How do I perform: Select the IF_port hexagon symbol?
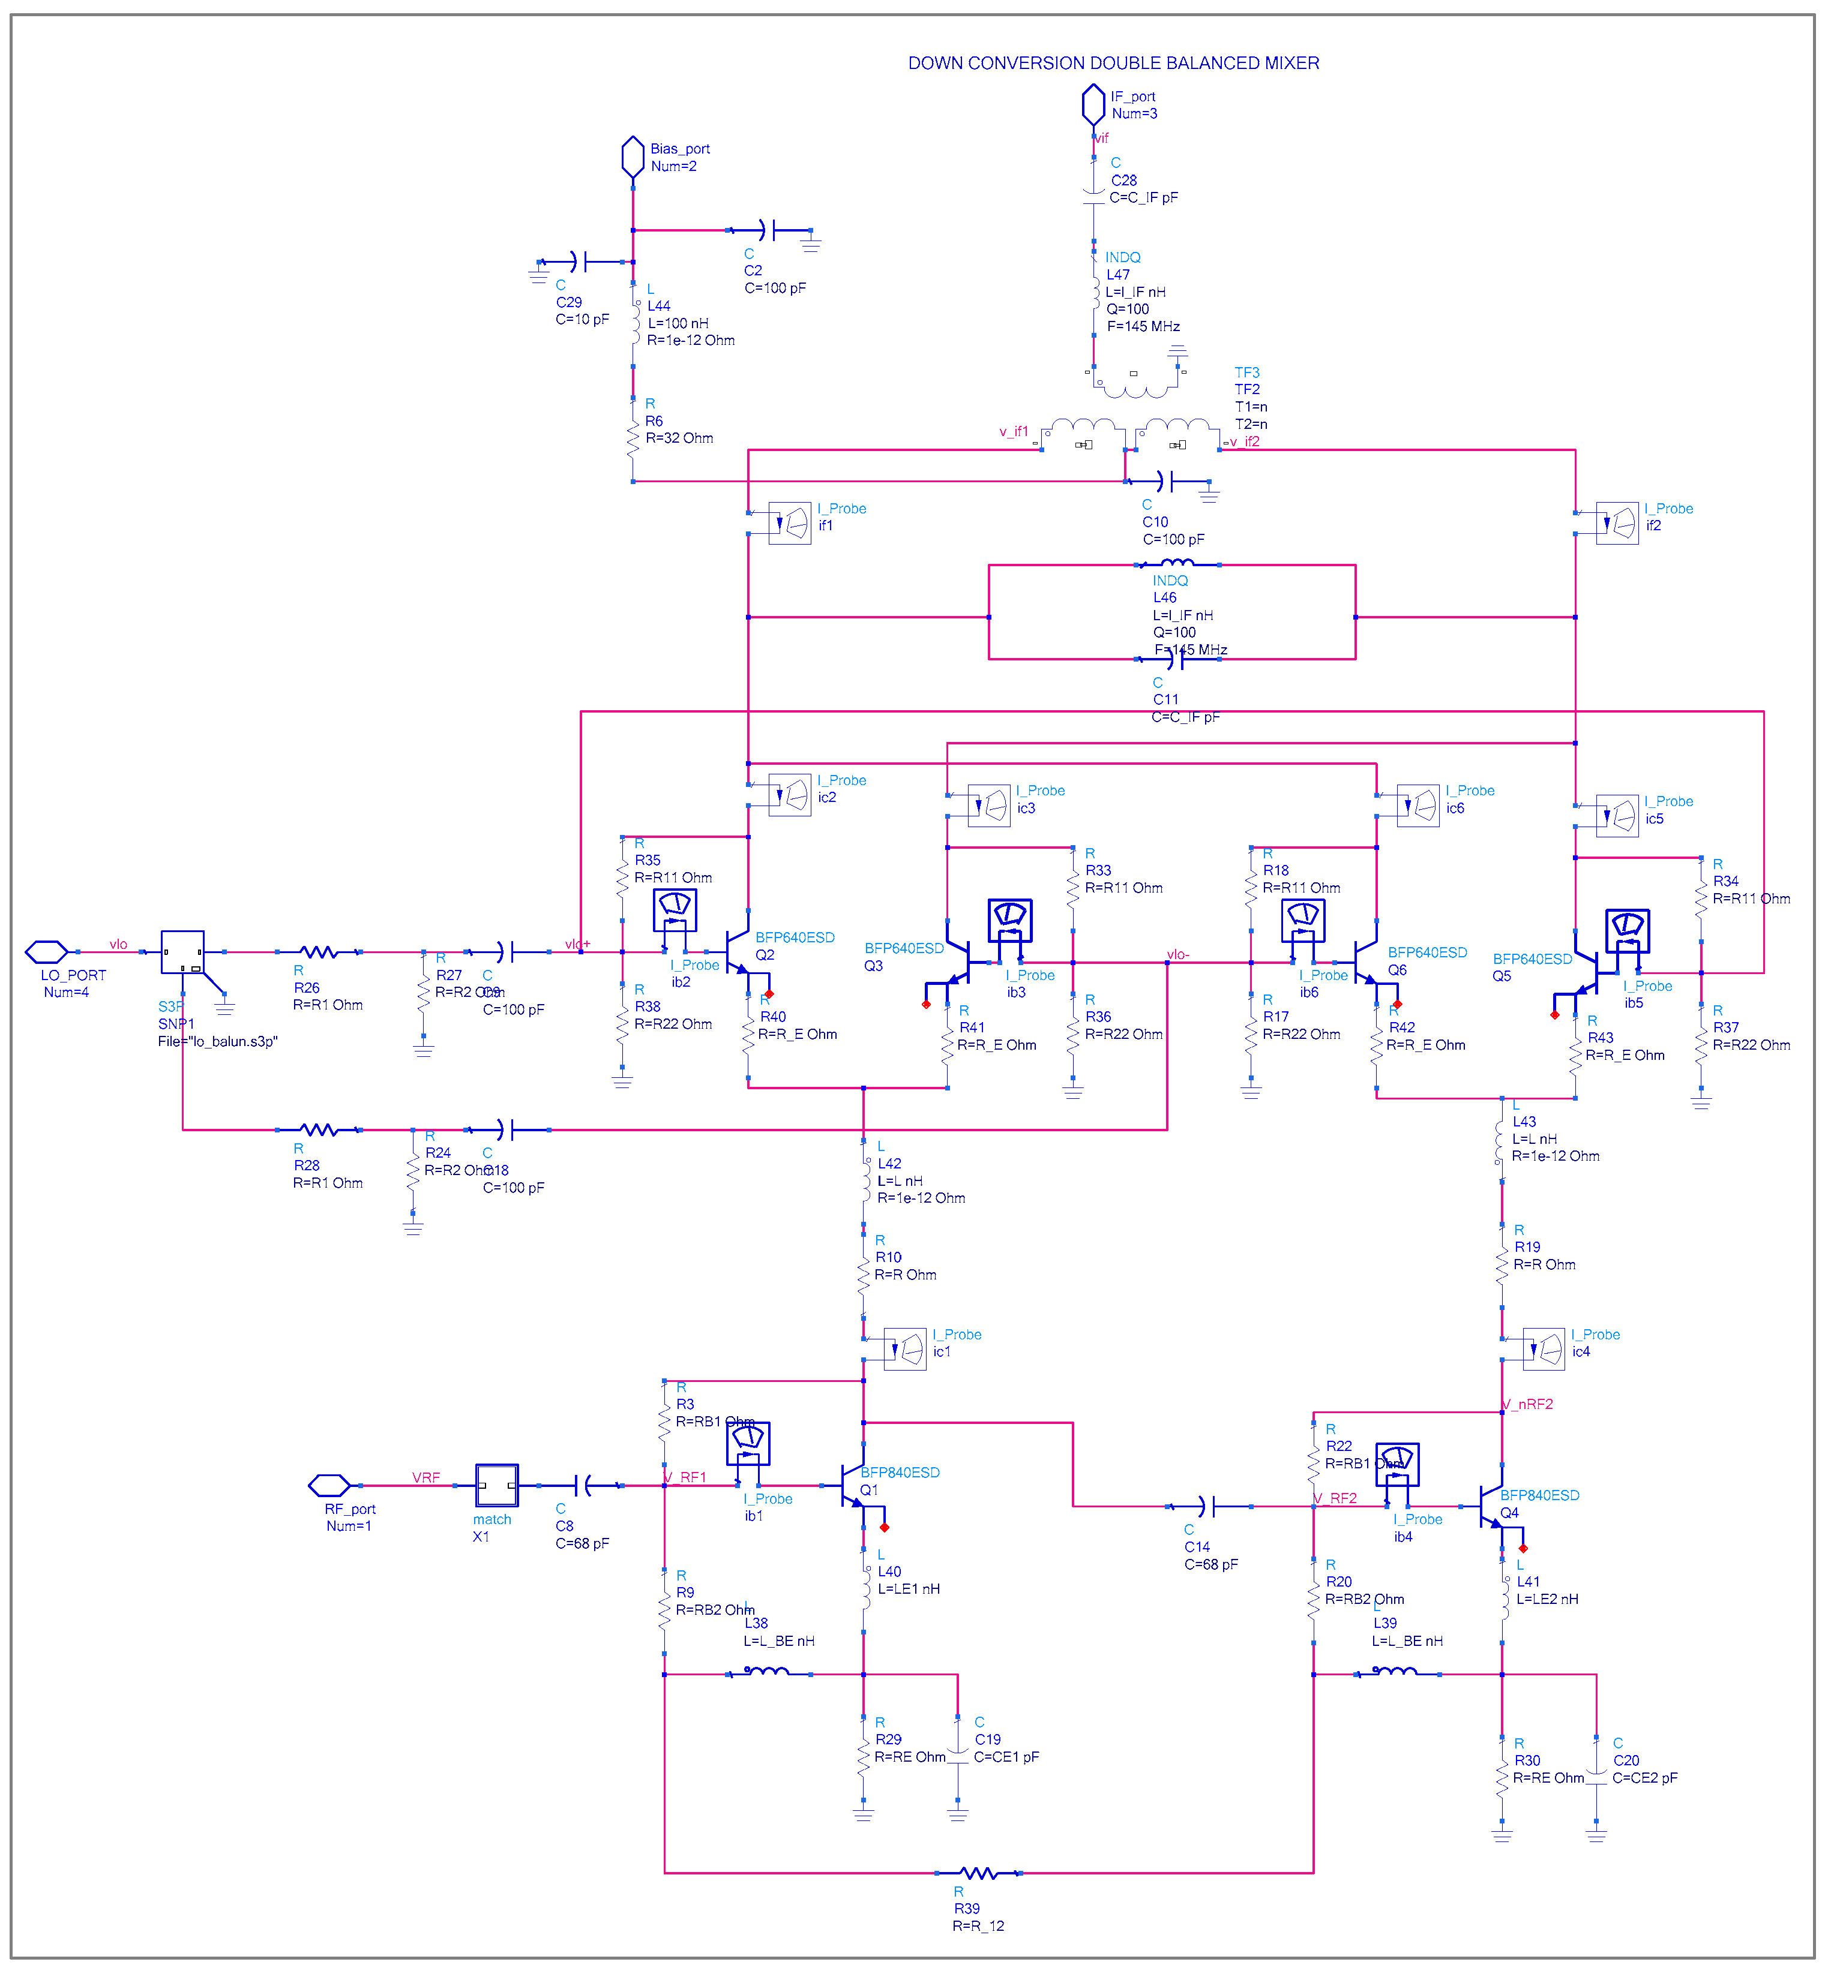coord(1093,104)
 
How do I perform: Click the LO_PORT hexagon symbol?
coord(47,952)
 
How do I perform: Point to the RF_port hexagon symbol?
coord(329,1486)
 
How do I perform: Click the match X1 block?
coord(496,1486)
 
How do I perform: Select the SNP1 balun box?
coord(182,952)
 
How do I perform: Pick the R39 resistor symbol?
coord(979,1873)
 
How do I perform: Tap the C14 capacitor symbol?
coord(1208,1507)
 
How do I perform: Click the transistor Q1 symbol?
coord(851,1486)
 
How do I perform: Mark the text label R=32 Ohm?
coord(680,438)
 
